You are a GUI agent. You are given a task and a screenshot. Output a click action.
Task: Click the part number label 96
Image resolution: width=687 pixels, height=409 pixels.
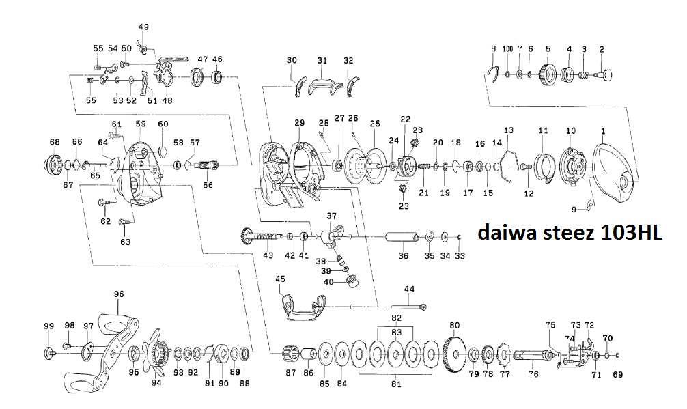point(119,294)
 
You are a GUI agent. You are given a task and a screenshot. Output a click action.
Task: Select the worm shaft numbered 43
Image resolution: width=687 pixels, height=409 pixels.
point(264,236)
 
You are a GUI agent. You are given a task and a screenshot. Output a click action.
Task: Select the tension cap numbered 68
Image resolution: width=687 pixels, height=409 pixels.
point(53,165)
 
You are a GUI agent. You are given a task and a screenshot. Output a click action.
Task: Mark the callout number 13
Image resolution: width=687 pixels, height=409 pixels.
point(508,130)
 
